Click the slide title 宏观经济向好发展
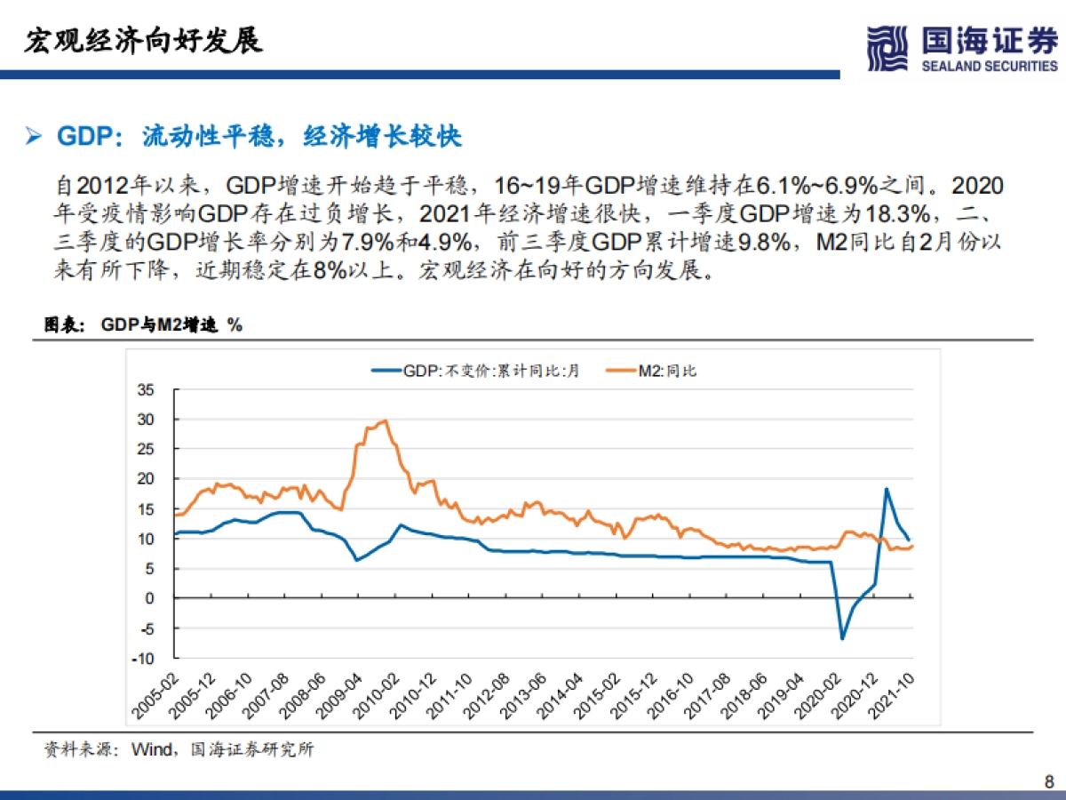[143, 41]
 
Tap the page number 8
[1048, 782]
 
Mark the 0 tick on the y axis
[150, 598]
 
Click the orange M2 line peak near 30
[384, 421]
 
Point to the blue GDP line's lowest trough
[842, 638]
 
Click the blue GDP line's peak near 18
[886, 489]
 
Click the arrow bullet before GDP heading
[34, 137]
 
